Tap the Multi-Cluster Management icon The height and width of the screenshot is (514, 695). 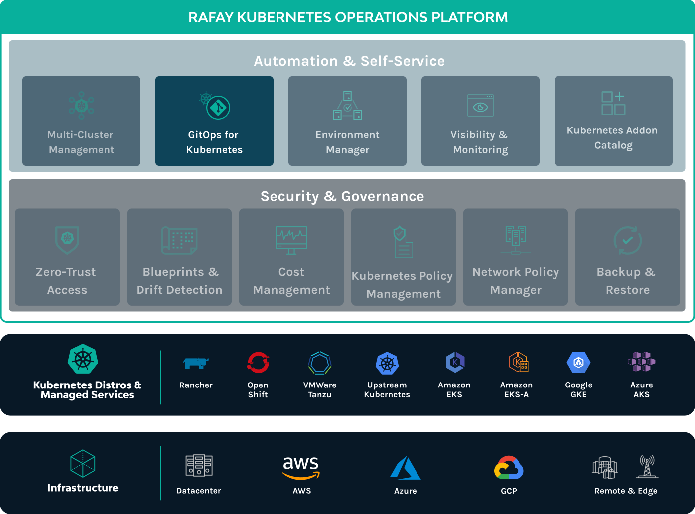pyautogui.click(x=81, y=105)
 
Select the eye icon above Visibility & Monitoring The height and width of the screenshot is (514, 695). pyautogui.click(x=480, y=106)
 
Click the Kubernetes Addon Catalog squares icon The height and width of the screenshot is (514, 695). pyautogui.click(x=613, y=103)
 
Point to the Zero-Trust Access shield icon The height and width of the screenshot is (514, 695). pyautogui.click(x=67, y=240)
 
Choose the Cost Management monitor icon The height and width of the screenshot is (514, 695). pyautogui.click(x=291, y=240)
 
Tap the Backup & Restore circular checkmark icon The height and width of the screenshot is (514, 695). pyautogui.click(x=627, y=240)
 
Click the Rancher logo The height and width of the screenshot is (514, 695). pyautogui.click(x=196, y=363)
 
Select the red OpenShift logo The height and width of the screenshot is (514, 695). pyautogui.click(x=258, y=363)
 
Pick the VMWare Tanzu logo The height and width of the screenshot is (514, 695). pyautogui.click(x=320, y=363)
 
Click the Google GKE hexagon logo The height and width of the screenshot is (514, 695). pyautogui.click(x=578, y=363)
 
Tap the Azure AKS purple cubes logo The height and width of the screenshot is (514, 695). pyautogui.click(x=642, y=362)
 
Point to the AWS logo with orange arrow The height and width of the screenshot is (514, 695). pyautogui.click(x=301, y=467)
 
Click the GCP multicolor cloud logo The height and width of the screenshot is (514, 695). pyautogui.click(x=509, y=468)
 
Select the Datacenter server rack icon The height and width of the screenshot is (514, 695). pyautogui.click(x=199, y=466)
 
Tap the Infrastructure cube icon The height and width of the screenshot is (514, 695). pyautogui.click(x=83, y=464)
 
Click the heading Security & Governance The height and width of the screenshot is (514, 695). pyautogui.click(x=342, y=196)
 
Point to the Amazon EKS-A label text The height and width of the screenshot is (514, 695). pyautogui.click(x=516, y=389)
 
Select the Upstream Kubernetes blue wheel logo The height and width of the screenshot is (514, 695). pyautogui.click(x=387, y=364)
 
